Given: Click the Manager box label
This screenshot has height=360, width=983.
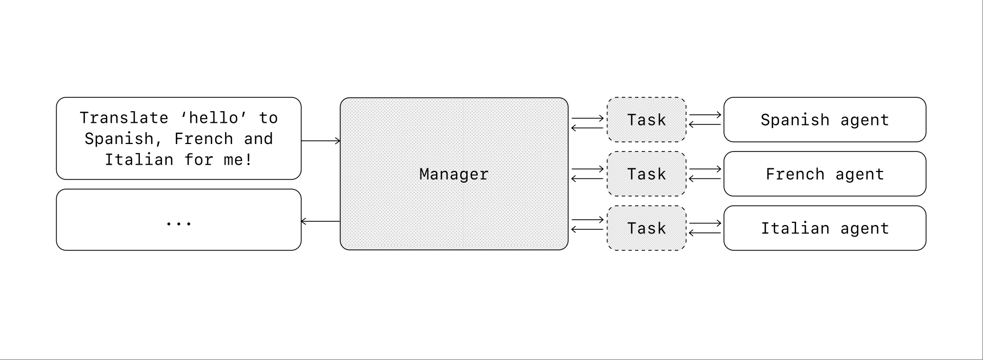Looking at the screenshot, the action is pyautogui.click(x=454, y=174).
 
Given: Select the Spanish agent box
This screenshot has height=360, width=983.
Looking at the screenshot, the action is pyautogui.click(x=825, y=120).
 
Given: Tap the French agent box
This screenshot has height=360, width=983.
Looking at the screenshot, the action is pyautogui.click(x=825, y=174).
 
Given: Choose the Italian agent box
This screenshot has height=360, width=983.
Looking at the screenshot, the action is pyautogui.click(x=825, y=228).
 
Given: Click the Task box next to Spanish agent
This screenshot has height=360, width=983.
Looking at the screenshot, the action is pyautogui.click(x=647, y=120).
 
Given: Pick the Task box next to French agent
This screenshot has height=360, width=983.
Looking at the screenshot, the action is pyautogui.click(x=647, y=174).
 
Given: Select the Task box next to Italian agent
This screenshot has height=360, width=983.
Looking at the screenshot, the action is pyautogui.click(x=647, y=228).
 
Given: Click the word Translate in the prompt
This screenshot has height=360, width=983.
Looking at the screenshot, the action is pyautogui.click(x=124, y=118).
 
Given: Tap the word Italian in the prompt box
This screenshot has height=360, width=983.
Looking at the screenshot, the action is pyautogui.click(x=139, y=159).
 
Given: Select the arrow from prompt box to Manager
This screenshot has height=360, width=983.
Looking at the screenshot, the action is pyautogui.click(x=321, y=141).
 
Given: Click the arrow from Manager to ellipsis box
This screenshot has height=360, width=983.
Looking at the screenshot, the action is pyautogui.click(x=321, y=221).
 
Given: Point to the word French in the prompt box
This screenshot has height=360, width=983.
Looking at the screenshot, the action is pyautogui.click(x=203, y=139).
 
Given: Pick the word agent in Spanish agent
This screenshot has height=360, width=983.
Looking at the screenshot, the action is pyautogui.click(x=865, y=120).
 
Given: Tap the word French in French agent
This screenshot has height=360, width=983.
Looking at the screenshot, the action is pyautogui.click(x=795, y=174).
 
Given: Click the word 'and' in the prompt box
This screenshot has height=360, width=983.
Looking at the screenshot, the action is pyautogui.click(x=258, y=139).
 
